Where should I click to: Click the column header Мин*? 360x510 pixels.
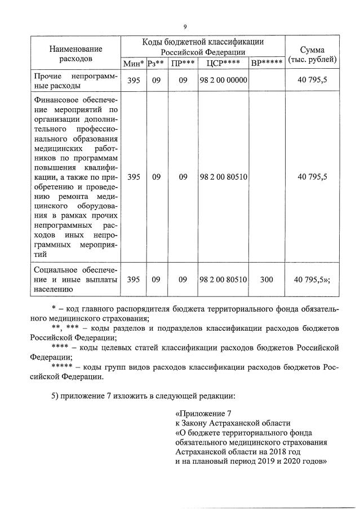coord(134,63)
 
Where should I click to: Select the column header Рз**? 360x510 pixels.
coord(155,63)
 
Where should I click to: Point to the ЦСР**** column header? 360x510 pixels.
coord(223,63)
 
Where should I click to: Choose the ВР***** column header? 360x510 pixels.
coord(266,63)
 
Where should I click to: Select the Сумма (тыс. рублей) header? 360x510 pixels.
coord(312,54)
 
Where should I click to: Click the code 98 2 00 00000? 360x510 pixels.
coord(223,81)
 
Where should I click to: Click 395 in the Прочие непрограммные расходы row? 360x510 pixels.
coord(134,81)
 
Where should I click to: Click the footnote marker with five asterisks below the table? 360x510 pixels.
coord(63,367)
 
